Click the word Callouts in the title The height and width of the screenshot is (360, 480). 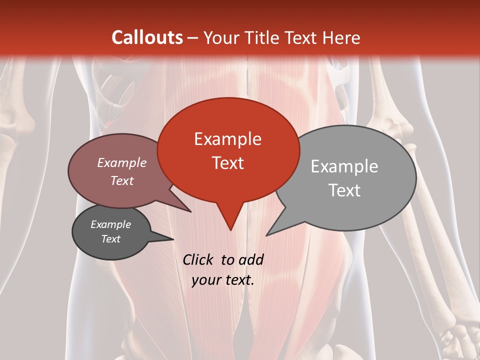click(x=147, y=38)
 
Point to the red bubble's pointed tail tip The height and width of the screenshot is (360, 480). click(x=230, y=229)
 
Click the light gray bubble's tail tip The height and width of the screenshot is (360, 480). click(x=266, y=235)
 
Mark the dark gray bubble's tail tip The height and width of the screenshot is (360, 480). click(x=173, y=239)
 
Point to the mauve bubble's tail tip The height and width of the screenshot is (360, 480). click(x=190, y=211)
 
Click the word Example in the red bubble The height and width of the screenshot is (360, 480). click(x=227, y=139)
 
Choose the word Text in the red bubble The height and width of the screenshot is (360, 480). click(x=228, y=163)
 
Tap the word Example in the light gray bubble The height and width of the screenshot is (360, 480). click(x=344, y=166)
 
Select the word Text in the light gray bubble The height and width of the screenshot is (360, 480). click(x=345, y=190)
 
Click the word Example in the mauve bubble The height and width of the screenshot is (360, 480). click(x=122, y=162)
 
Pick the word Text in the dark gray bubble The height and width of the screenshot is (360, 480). click(x=111, y=239)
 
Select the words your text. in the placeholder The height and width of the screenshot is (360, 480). click(x=223, y=280)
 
